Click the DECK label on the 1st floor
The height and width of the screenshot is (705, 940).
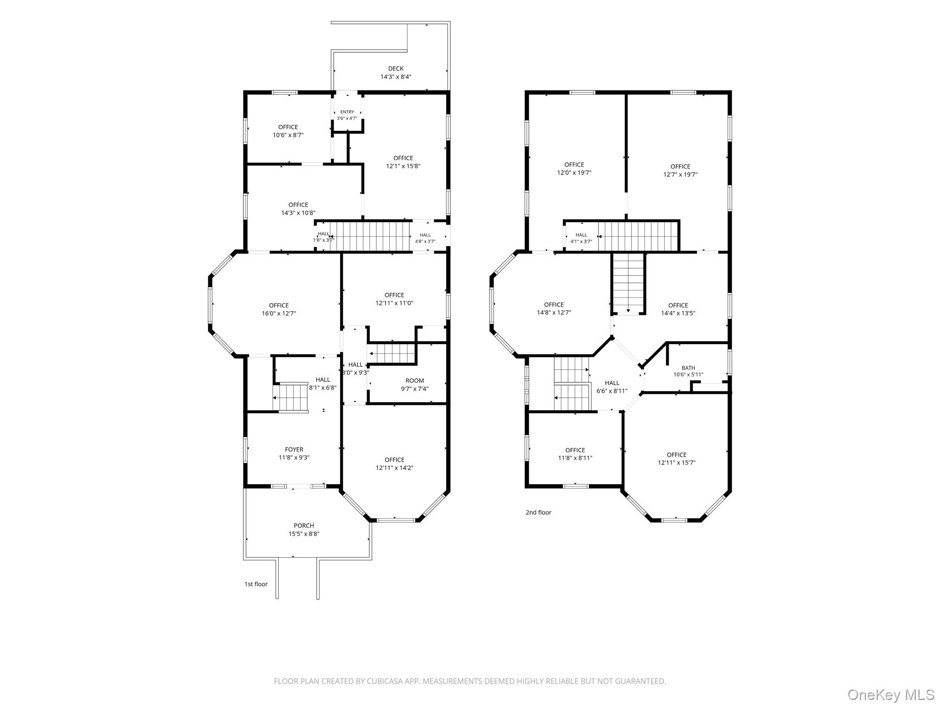tap(396, 69)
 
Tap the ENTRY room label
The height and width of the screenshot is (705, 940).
tap(347, 112)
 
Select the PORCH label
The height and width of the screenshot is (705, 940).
tap(304, 526)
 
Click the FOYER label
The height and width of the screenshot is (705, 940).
tap(294, 449)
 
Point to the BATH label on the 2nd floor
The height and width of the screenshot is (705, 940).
tap(688, 368)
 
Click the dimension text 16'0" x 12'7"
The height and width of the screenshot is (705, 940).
tap(279, 313)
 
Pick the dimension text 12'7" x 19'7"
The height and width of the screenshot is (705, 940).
tap(680, 174)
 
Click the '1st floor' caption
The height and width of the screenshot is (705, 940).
tap(256, 584)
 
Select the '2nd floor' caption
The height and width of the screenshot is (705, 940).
tap(538, 512)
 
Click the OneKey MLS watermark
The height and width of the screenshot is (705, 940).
tap(891, 694)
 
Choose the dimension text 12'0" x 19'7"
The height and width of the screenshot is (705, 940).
tap(574, 173)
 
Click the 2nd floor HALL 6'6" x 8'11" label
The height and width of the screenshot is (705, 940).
tap(612, 387)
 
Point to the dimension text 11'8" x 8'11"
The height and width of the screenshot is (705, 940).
tap(575, 458)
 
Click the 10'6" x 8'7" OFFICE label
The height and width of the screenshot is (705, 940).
tap(288, 131)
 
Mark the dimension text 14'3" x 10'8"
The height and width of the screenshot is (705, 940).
tap(298, 213)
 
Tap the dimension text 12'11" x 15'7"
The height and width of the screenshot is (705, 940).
tap(677, 463)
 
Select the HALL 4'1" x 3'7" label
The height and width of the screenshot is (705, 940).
tap(581, 238)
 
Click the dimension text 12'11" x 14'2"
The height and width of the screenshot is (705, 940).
tap(395, 468)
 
